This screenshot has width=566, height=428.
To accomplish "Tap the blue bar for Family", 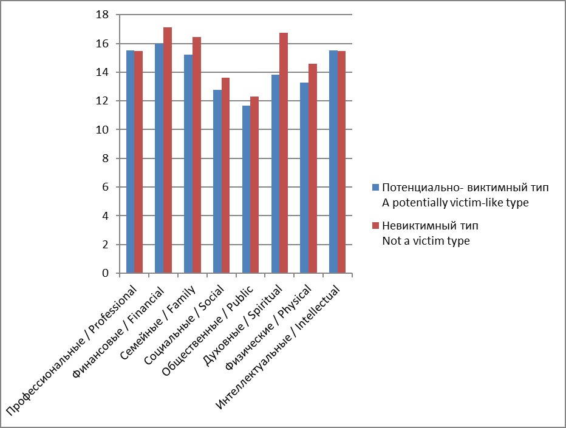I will point(188,164).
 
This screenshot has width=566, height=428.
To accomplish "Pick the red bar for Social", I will point(226,175).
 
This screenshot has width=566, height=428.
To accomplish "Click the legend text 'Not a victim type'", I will point(426,241).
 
